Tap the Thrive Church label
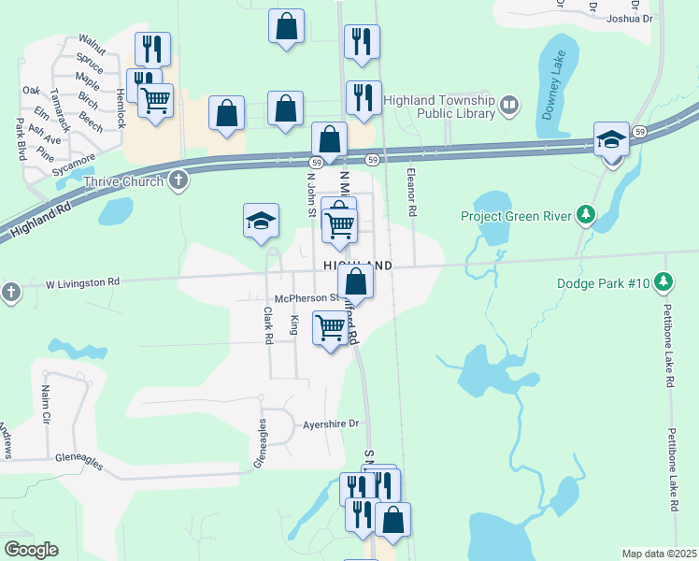point(126,180)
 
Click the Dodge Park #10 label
point(603,280)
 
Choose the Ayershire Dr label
point(331,424)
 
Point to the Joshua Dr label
point(629,18)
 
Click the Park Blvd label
point(20,138)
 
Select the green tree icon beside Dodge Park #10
point(663,280)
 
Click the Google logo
point(31,550)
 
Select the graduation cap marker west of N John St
point(262,221)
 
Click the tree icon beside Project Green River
point(586,216)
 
